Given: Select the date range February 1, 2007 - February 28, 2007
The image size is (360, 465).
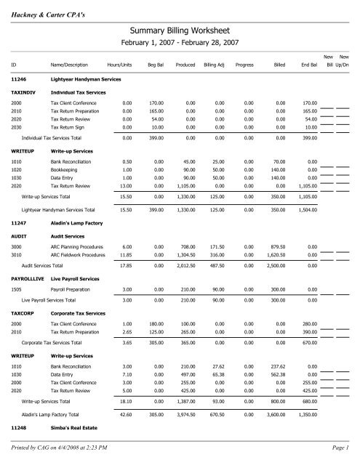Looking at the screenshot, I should [180, 44].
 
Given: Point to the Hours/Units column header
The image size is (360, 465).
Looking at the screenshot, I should [119, 65].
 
